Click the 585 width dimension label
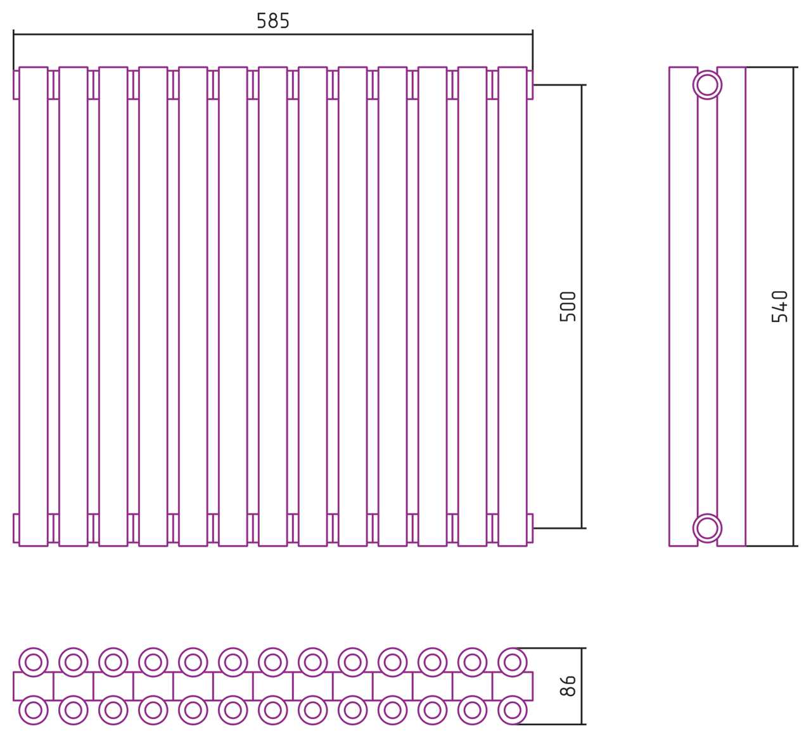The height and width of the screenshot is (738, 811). coord(273,21)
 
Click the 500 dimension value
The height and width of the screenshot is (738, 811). coord(568,307)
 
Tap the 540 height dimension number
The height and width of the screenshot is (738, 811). coord(779,307)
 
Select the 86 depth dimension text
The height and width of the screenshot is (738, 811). coord(568,685)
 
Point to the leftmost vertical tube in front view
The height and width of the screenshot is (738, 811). coord(34,307)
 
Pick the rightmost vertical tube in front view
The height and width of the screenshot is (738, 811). coord(513,307)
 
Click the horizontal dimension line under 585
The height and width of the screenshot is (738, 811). coord(273,34)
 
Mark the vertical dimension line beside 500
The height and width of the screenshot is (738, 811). coord(582,307)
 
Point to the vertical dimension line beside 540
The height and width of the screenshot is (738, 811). coord(793,307)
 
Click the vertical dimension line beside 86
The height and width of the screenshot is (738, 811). coord(582,686)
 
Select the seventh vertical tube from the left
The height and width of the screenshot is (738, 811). coord(273,307)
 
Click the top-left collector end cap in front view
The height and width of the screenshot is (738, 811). coord(16,85)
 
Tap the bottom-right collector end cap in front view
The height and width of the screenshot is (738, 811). coord(530,528)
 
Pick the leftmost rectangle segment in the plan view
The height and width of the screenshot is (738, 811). coord(34,686)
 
